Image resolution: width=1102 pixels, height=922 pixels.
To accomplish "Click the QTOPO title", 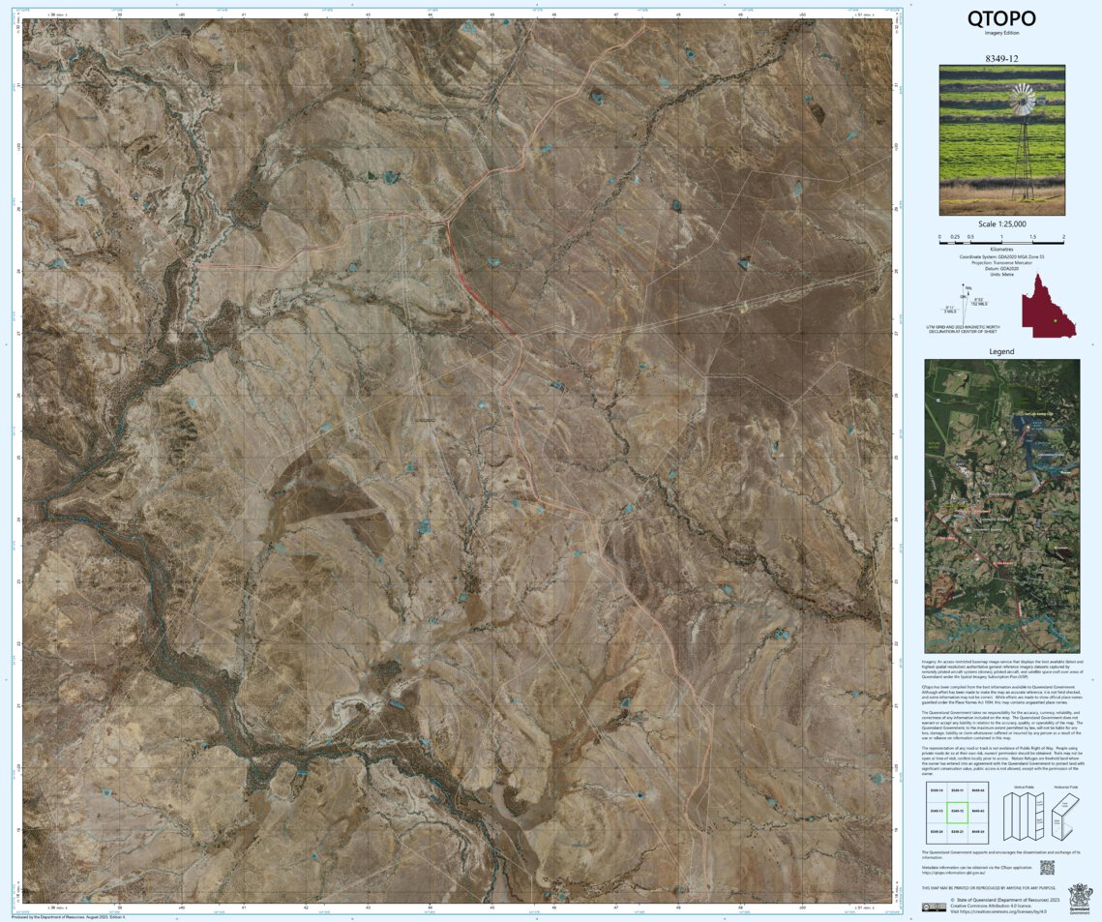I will click(x=1001, y=18).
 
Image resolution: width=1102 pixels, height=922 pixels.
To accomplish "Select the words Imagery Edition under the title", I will click(x=1001, y=33).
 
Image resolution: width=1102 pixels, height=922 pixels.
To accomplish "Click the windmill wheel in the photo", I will click(x=1023, y=99).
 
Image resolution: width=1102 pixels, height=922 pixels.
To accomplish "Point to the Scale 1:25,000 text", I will click(x=1001, y=223).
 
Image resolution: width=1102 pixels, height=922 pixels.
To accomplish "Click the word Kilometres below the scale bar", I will click(x=1001, y=249).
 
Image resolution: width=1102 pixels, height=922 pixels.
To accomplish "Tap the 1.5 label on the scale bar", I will click(x=1032, y=236).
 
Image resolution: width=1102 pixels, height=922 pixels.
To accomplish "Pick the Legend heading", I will click(x=1001, y=351).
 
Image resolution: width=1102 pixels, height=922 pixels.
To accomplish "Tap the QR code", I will click(x=1045, y=867).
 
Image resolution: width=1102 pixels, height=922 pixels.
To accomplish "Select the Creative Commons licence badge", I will click(x=934, y=907).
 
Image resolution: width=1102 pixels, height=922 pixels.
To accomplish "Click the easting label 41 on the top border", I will click(x=244, y=15).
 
